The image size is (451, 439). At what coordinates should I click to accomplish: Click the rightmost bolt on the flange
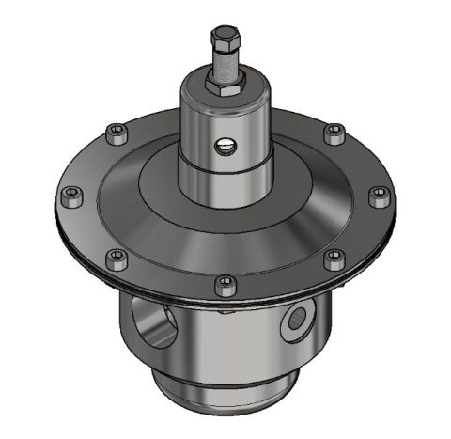(x=379, y=195)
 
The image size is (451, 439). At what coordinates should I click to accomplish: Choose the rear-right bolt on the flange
(x=333, y=132)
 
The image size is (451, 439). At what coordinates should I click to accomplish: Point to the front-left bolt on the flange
(x=117, y=256)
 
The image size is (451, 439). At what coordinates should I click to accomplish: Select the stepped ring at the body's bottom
(x=225, y=390)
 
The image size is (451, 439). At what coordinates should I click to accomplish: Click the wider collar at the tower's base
(x=225, y=188)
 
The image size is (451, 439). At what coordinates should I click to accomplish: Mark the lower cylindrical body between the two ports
(x=225, y=338)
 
